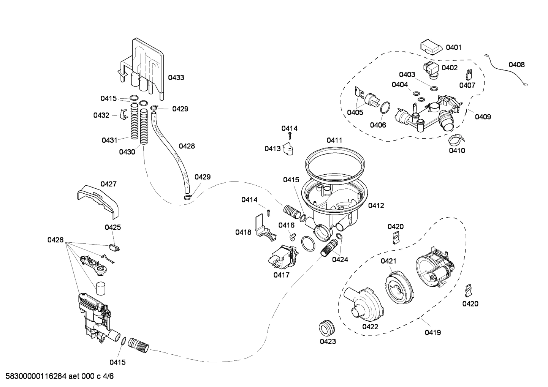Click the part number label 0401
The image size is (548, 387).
(453, 47)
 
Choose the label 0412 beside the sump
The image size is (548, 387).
(376, 205)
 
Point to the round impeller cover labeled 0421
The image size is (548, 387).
(398, 285)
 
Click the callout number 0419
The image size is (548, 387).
(433, 333)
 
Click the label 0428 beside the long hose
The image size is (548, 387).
(187, 146)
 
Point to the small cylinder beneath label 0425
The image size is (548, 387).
(101, 289)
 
